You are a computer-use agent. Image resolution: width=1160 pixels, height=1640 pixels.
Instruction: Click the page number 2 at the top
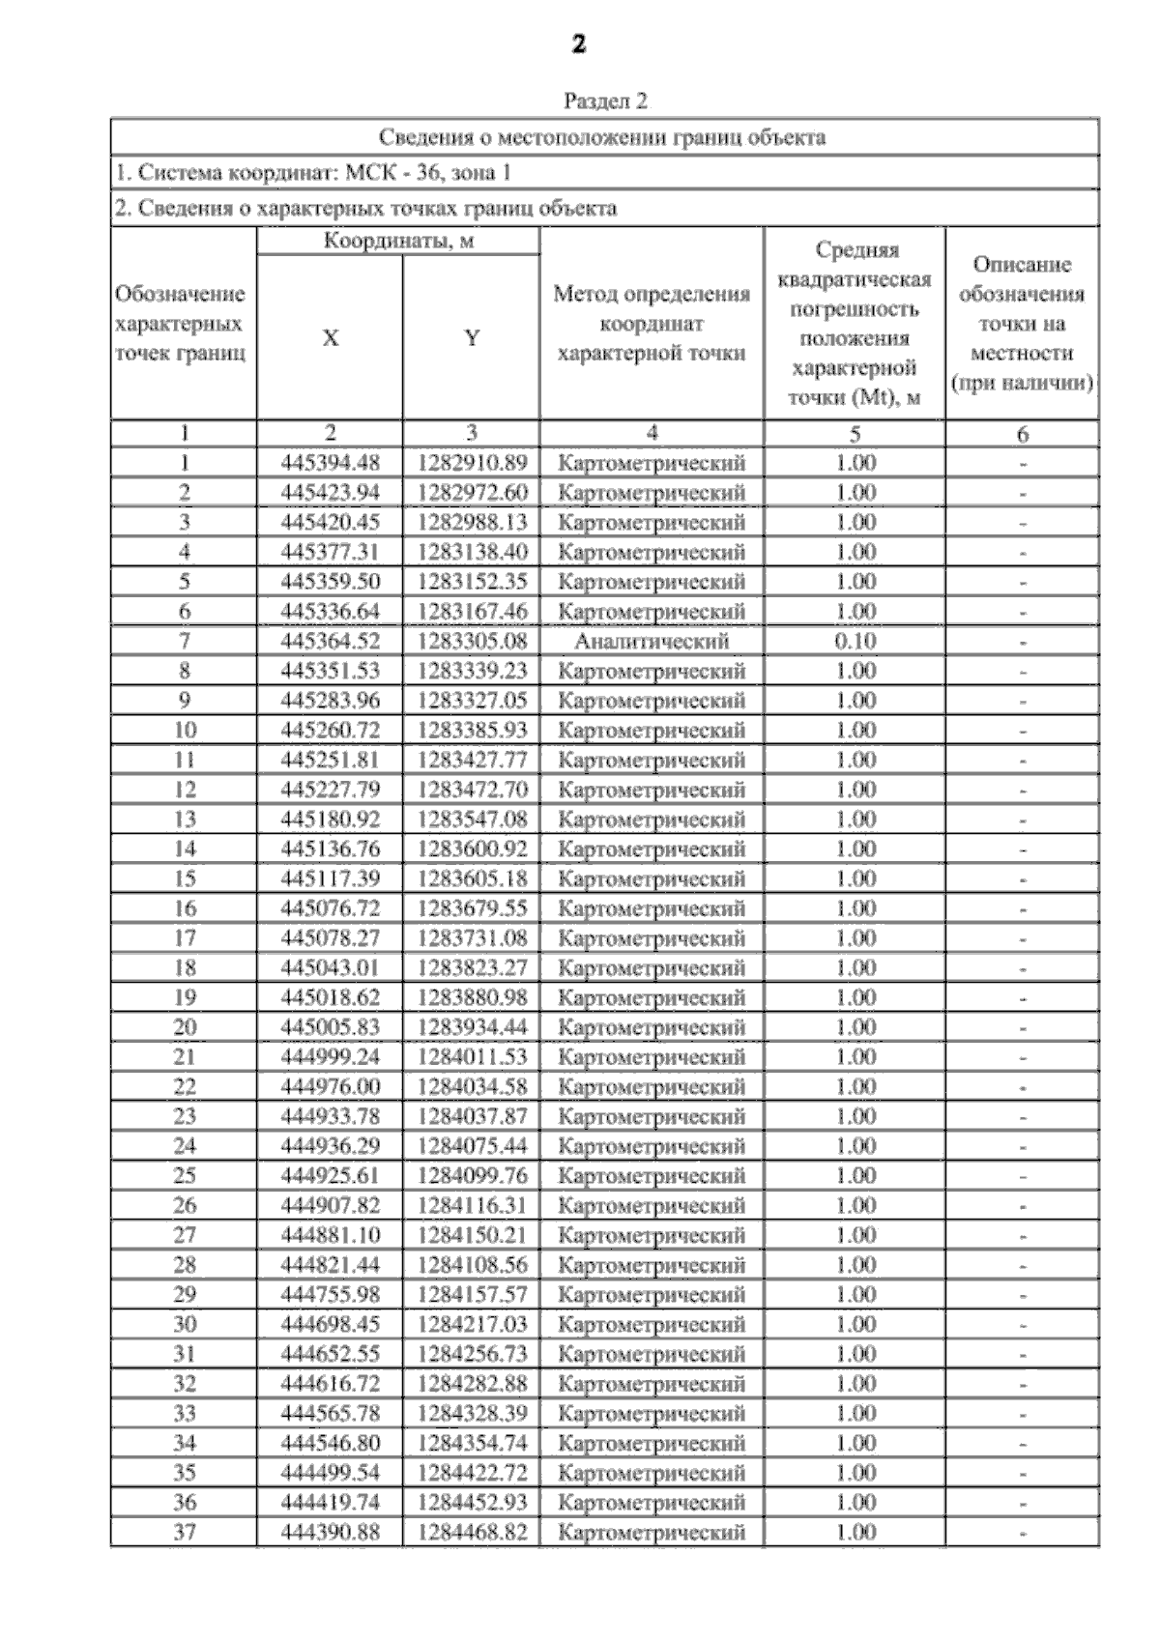pyautogui.click(x=578, y=44)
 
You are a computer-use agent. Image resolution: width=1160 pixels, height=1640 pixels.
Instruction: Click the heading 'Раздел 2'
pyautogui.click(x=605, y=101)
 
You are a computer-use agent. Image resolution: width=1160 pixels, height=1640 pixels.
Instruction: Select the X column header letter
pyautogui.click(x=331, y=338)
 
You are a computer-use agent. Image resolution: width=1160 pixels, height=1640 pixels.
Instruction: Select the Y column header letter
pyautogui.click(x=472, y=338)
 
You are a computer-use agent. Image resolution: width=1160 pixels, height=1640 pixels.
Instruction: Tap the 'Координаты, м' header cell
pyautogui.click(x=398, y=242)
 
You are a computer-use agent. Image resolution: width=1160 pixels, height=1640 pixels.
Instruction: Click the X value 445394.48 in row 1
pyautogui.click(x=331, y=463)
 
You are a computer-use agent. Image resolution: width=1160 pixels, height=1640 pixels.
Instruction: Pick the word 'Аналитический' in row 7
pyautogui.click(x=652, y=642)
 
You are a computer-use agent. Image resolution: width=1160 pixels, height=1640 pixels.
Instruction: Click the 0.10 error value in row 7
pyautogui.click(x=855, y=642)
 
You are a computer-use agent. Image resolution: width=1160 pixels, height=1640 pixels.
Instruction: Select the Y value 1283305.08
pyautogui.click(x=473, y=642)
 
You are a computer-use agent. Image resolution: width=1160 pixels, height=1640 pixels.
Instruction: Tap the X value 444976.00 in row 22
pyautogui.click(x=331, y=1087)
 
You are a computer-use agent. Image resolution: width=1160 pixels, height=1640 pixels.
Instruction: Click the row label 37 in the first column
pyautogui.click(x=185, y=1533)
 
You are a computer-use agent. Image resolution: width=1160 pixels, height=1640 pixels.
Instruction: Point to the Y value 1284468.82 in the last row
pyautogui.click(x=473, y=1533)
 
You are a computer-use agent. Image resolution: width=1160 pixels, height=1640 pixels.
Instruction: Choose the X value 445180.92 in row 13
pyautogui.click(x=331, y=820)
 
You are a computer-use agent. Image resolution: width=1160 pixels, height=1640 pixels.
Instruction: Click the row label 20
pyautogui.click(x=185, y=1027)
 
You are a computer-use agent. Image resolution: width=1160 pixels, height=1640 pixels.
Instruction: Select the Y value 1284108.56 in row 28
pyautogui.click(x=473, y=1265)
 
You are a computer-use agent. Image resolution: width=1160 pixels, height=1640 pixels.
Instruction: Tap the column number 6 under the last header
pyautogui.click(x=1023, y=435)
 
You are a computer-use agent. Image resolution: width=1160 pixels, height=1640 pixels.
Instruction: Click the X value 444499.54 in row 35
pyautogui.click(x=331, y=1473)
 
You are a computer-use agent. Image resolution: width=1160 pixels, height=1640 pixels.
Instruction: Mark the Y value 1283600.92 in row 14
pyautogui.click(x=473, y=849)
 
